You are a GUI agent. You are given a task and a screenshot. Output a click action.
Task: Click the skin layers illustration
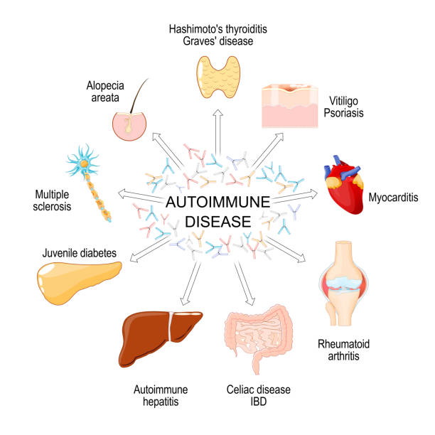(x=292, y=107)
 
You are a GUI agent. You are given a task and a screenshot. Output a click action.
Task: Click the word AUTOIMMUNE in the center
(x=217, y=203)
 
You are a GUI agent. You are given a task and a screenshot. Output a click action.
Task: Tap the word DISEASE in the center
(x=217, y=221)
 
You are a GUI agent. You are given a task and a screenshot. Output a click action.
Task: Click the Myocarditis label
(x=396, y=196)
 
